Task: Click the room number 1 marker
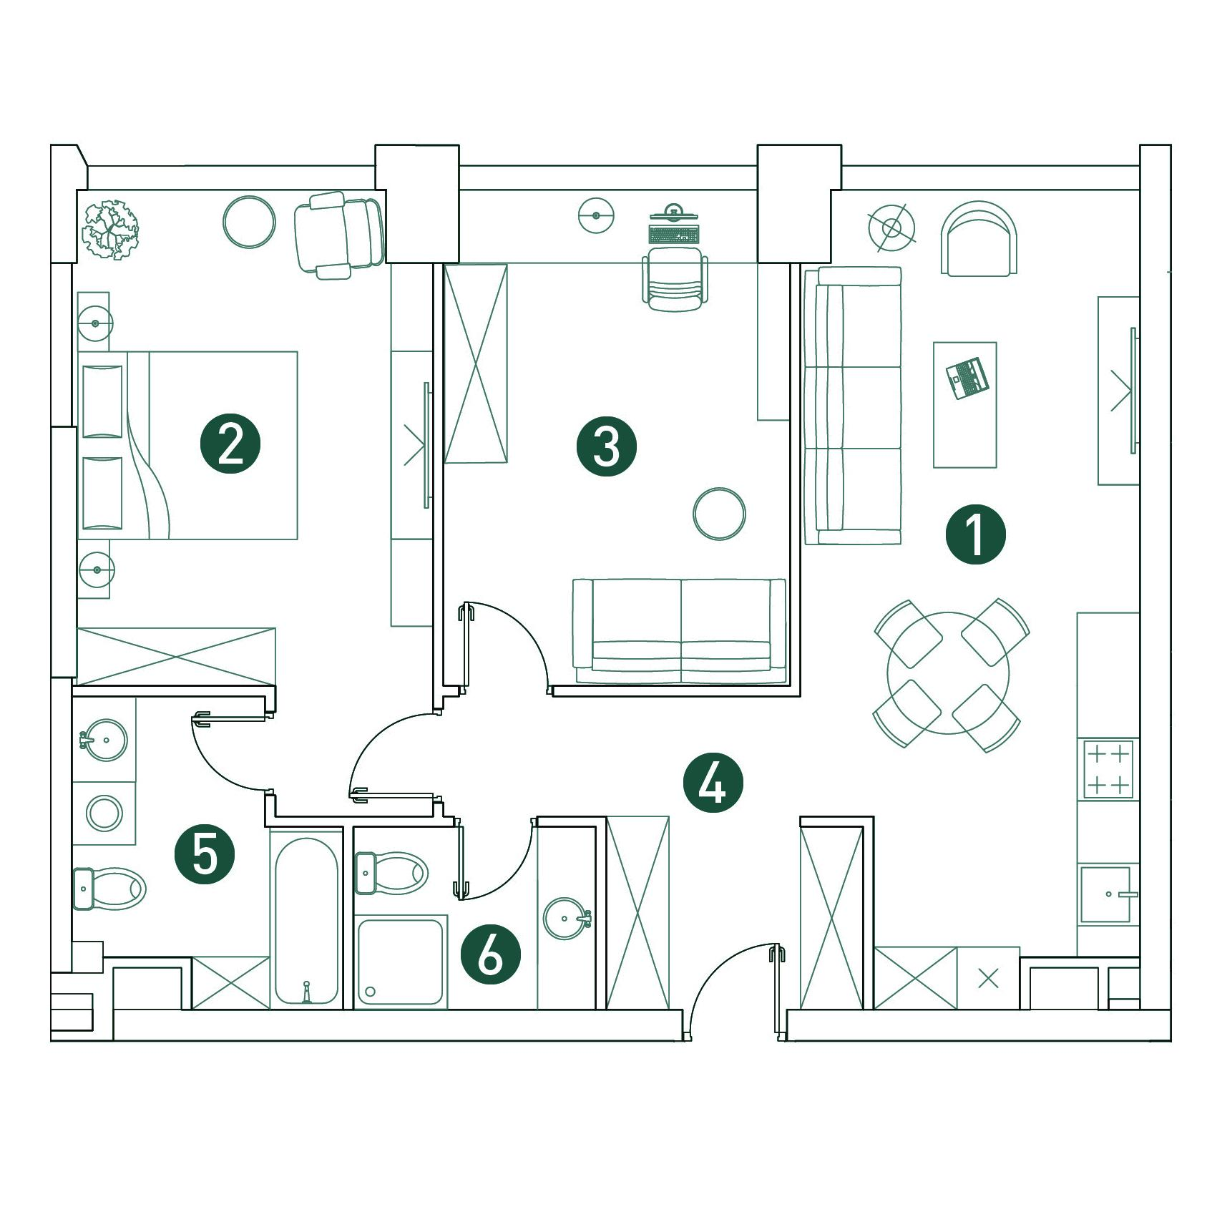[x=975, y=534]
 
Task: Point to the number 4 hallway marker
[x=713, y=784]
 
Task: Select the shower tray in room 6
[x=401, y=964]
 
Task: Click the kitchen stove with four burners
[x=1108, y=769]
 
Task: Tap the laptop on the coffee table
[x=967, y=377]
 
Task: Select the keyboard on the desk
[x=673, y=234]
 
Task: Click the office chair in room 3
[x=673, y=279]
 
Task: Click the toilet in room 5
[x=109, y=889]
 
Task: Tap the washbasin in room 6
[x=567, y=919]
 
